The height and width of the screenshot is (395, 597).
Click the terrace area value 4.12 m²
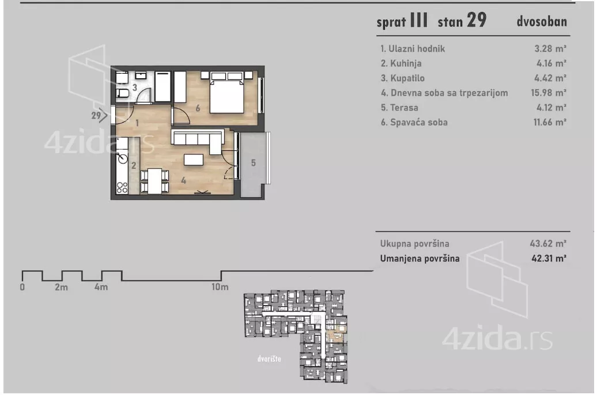(551, 108)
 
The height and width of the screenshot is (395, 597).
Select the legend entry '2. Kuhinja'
(401, 63)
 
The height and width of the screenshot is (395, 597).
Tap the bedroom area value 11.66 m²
(550, 122)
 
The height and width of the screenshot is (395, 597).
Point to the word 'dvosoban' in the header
(542, 21)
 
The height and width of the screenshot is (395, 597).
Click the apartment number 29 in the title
(477, 20)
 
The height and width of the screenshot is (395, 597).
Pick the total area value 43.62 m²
(548, 244)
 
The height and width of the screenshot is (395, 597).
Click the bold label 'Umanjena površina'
(420, 259)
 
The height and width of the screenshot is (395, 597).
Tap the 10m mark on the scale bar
(220, 287)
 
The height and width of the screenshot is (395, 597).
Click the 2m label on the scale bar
(61, 287)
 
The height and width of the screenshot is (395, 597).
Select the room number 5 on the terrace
(253, 163)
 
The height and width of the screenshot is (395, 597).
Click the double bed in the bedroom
(227, 92)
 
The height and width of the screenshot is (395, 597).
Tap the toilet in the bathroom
(122, 93)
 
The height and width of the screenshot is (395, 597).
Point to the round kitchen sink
(123, 158)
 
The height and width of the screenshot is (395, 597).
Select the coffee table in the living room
(194, 159)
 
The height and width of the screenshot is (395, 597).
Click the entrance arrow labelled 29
(99, 115)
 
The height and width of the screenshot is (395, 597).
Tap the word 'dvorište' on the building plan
(269, 359)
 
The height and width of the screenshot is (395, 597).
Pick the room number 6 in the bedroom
(198, 108)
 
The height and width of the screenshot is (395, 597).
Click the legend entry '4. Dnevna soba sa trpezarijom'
(444, 93)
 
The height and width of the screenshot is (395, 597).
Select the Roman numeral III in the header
(419, 20)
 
